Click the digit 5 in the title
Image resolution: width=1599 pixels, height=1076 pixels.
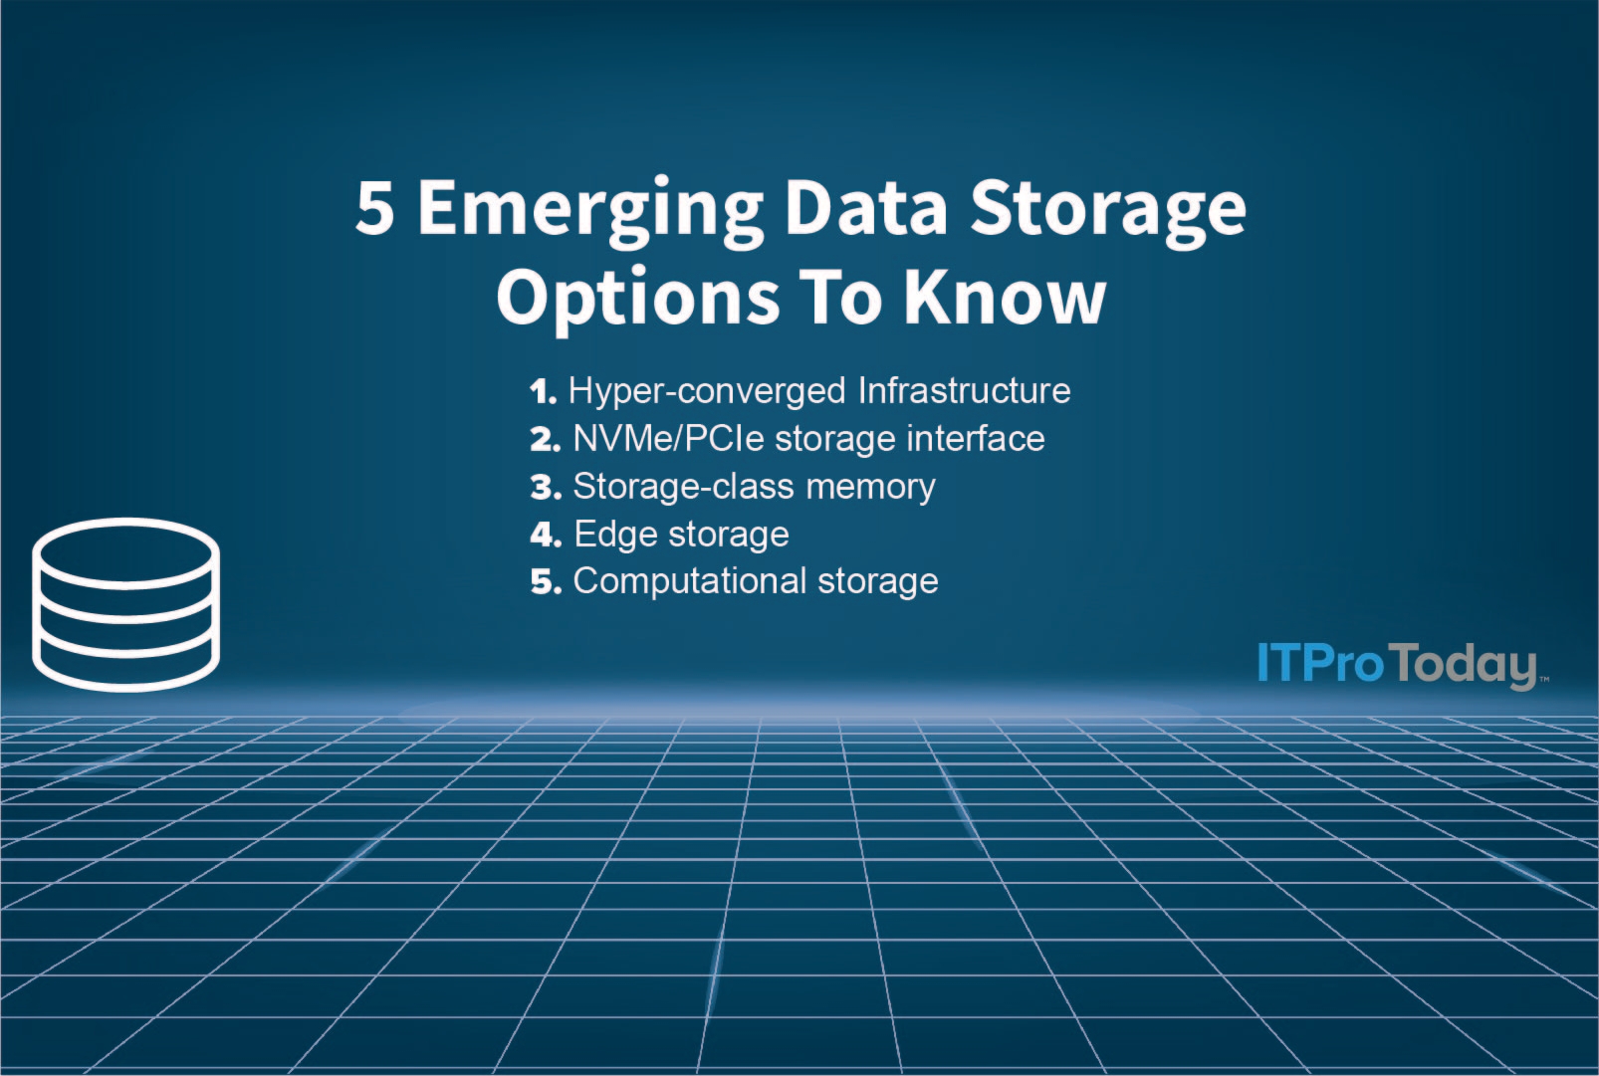tap(374, 208)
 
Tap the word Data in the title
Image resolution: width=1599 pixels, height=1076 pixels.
tap(865, 208)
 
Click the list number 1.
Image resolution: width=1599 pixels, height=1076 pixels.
tap(543, 391)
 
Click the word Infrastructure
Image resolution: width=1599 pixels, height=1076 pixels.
tap(964, 390)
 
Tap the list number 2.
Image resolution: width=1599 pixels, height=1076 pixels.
tap(546, 439)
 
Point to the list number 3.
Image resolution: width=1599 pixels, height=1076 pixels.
tap(546, 487)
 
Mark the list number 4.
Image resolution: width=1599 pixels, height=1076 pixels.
tap(546, 535)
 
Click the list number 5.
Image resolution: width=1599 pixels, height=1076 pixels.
tap(546, 581)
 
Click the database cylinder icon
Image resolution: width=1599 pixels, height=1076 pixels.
tap(125, 603)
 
